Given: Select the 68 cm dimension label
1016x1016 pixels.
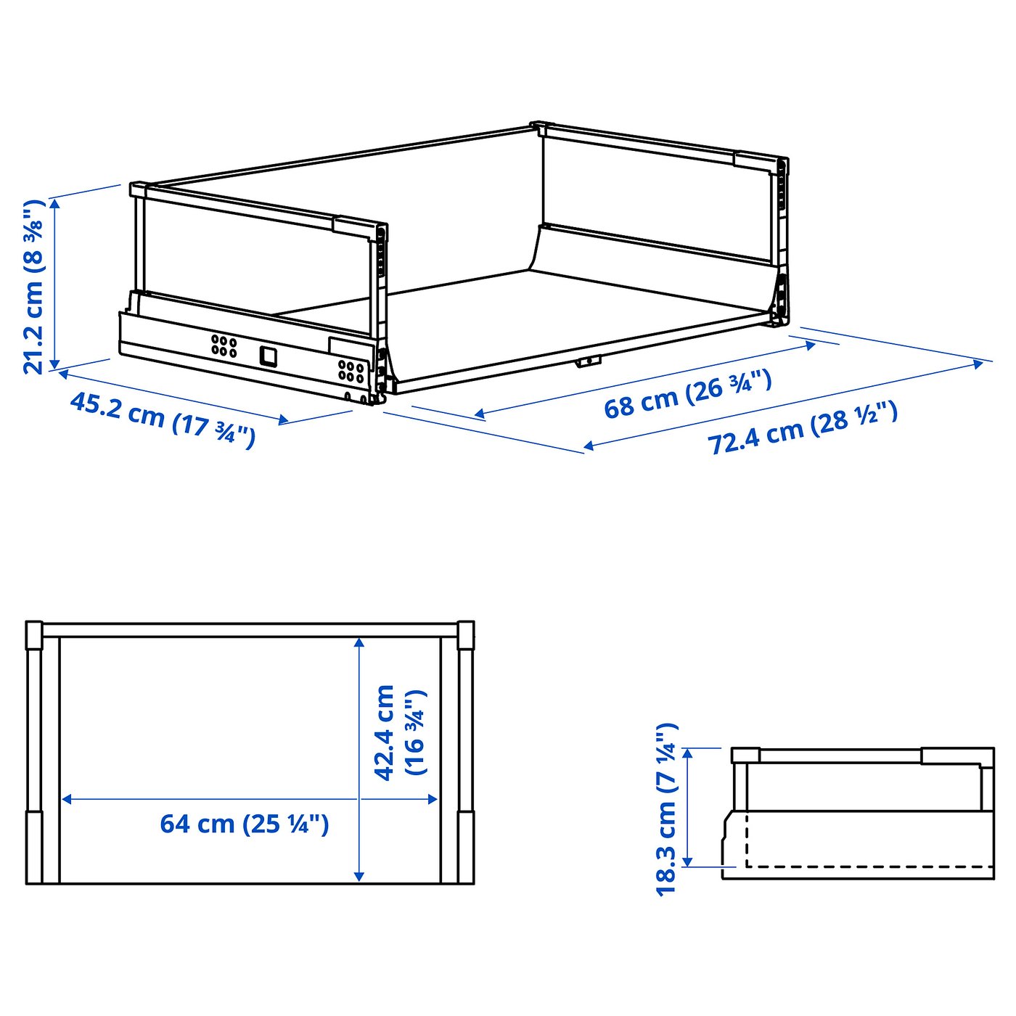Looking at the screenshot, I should coord(687,394).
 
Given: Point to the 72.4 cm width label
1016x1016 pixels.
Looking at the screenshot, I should coord(802,428).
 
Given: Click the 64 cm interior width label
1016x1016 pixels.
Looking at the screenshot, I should coord(245,824).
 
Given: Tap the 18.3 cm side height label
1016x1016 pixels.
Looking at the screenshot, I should coord(665,809).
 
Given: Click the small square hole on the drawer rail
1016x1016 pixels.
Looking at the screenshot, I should coord(268,356).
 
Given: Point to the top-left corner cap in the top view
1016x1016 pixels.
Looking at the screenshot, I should coord(34,635).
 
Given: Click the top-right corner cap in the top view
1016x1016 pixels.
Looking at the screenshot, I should coord(466,635).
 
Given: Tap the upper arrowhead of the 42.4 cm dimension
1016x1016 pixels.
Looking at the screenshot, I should coord(359,643).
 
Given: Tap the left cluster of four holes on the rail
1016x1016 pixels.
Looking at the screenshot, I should coord(224,345).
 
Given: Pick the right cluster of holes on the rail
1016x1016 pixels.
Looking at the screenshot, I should coord(351,371).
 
